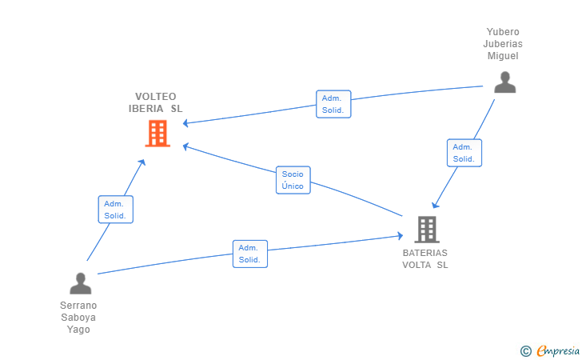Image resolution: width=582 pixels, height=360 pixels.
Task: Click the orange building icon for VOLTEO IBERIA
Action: click(157, 134)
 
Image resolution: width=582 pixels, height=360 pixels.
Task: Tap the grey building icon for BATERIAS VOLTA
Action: click(427, 230)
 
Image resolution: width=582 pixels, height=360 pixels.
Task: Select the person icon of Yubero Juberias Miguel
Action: click(504, 82)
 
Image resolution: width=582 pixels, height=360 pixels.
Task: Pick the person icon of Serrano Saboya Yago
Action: click(80, 284)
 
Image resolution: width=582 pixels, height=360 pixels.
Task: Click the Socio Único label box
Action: click(293, 180)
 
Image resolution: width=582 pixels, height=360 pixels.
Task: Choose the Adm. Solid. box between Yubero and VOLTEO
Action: click(333, 104)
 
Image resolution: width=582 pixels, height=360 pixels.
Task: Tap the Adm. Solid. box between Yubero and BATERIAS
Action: click(464, 153)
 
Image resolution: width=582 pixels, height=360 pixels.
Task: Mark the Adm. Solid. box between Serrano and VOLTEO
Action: click(115, 210)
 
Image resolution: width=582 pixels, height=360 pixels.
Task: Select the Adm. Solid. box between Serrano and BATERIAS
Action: click(249, 254)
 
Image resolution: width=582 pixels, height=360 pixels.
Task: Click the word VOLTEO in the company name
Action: click(156, 96)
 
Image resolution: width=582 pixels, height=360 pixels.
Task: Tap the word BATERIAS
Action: click(425, 253)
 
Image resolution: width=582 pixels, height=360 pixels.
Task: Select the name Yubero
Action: click(504, 32)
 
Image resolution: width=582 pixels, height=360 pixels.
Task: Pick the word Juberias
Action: click(504, 44)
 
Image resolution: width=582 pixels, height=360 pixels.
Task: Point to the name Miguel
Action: click(504, 56)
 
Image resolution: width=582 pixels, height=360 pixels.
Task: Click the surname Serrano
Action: click(79, 305)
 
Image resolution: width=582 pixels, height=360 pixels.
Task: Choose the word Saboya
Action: click(79, 317)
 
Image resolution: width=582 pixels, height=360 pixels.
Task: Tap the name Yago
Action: click(79, 329)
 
